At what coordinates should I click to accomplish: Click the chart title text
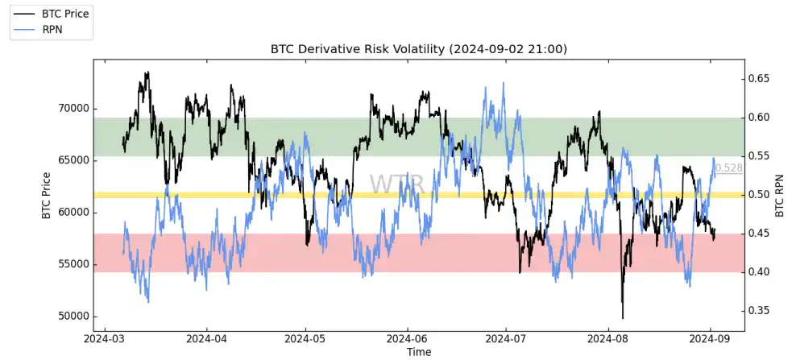418,49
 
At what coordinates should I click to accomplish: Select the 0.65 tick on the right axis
761,79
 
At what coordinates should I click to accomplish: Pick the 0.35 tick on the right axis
761,311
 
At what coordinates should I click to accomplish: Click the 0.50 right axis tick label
761,195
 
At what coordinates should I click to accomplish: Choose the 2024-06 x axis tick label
407,339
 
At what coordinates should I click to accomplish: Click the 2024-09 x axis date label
712,339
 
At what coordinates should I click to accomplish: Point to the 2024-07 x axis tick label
506,339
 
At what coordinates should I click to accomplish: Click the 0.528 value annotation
728,168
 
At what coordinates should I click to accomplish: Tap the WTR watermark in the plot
396,184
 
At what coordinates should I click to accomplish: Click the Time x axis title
418,352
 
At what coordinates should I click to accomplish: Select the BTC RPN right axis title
780,194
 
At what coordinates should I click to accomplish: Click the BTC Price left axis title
46,196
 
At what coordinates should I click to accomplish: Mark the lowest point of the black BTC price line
623,318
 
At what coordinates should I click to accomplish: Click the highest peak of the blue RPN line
504,83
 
